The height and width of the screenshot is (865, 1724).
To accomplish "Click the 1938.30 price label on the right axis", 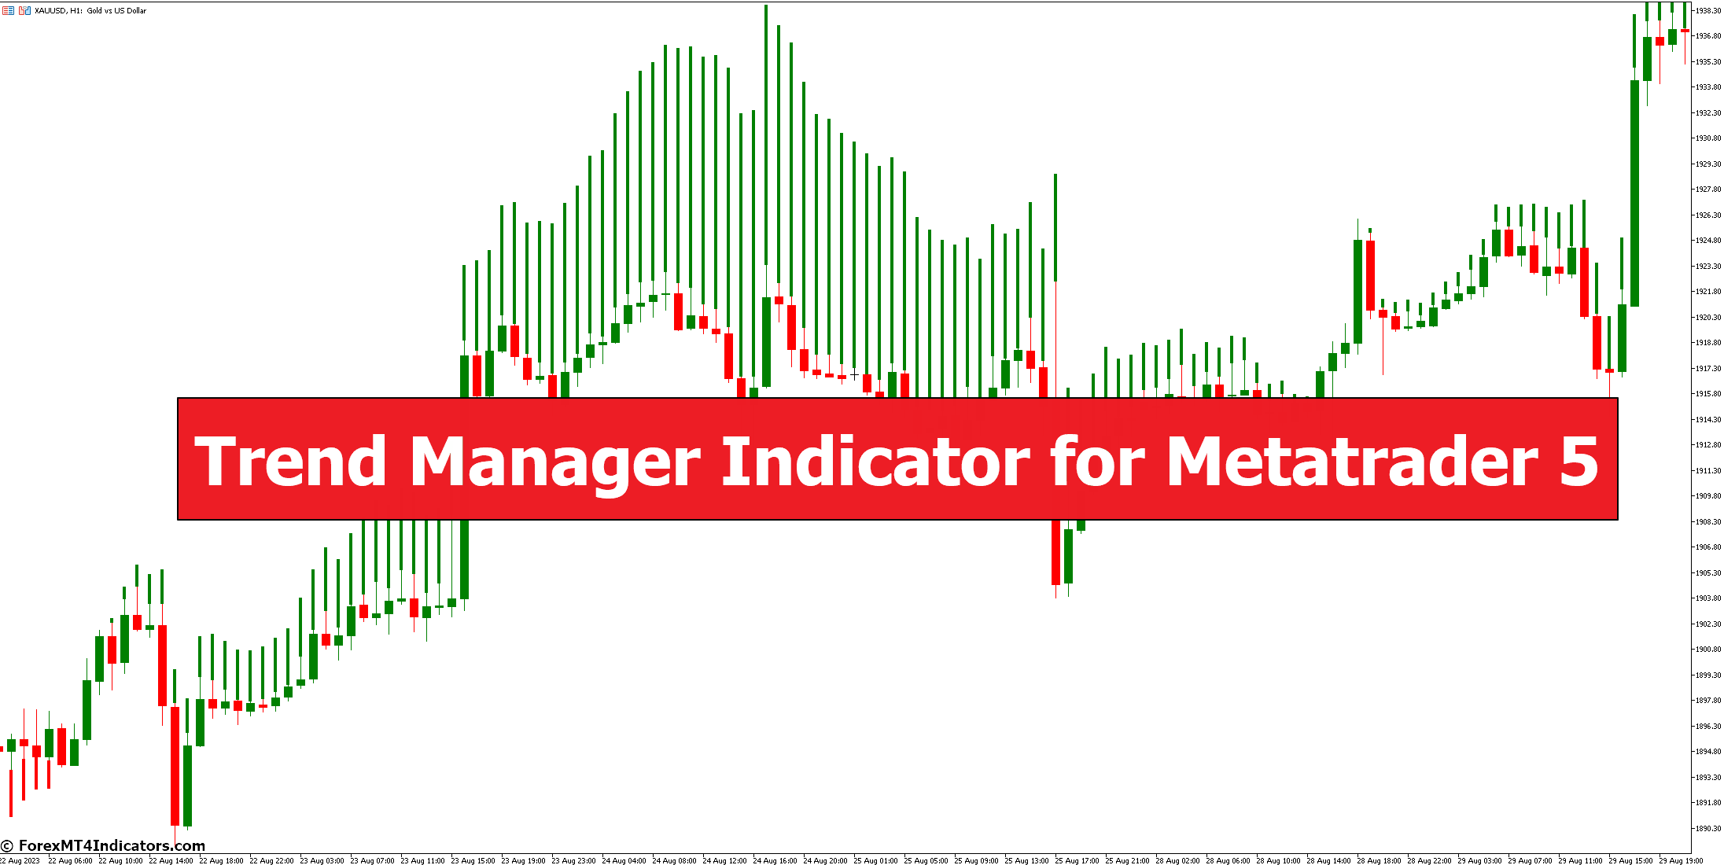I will (1707, 11).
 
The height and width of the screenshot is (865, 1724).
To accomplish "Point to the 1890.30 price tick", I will (1707, 828).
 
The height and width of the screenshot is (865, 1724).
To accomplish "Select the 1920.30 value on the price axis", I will (1707, 318).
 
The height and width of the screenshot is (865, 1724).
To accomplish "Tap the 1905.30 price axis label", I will (1707, 573).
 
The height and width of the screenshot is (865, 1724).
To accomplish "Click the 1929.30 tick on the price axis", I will (1707, 164).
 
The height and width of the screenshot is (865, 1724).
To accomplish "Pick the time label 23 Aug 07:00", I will (372, 860).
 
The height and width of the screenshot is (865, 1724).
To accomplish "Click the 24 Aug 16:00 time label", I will (775, 860).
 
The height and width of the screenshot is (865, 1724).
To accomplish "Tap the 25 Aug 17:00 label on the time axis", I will (1077, 860).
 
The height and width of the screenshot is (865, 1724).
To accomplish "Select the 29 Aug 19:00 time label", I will (1681, 860).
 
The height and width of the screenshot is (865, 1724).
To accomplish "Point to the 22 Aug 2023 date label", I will (20, 860).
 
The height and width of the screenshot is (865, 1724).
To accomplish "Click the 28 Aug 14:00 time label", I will (1328, 860).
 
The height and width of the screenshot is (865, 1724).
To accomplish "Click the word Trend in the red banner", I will (291, 462).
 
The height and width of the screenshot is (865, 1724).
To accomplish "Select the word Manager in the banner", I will (554, 462).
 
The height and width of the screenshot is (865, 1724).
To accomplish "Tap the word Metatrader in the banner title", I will (1351, 462).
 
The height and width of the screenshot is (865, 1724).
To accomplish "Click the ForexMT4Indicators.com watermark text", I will (111, 846).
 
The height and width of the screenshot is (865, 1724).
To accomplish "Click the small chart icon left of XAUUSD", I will (25, 11).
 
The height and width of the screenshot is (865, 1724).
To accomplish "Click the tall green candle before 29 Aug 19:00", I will (1634, 193).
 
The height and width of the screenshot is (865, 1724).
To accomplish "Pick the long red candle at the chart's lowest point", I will (175, 767).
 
